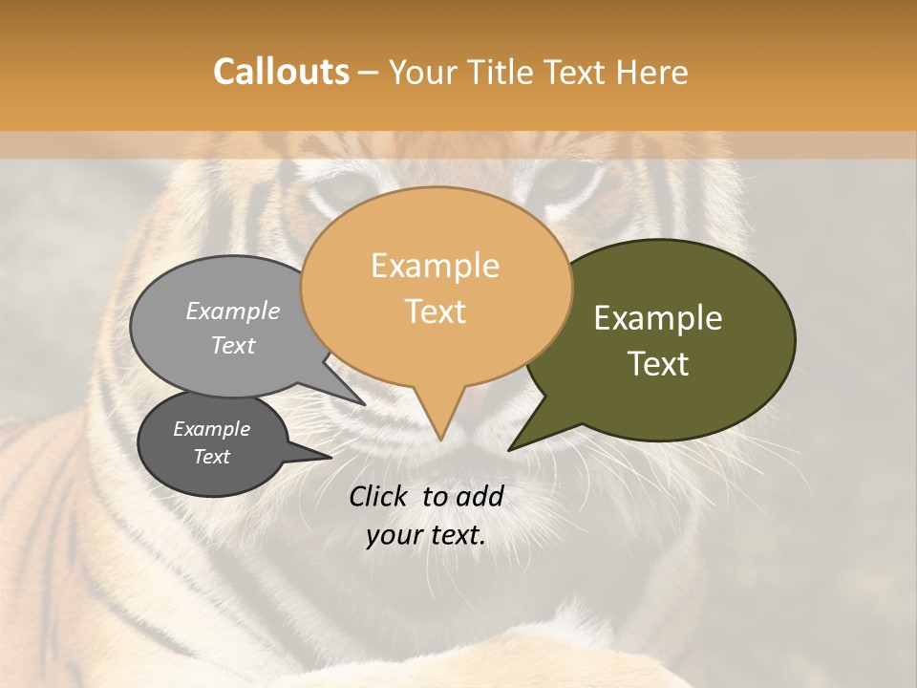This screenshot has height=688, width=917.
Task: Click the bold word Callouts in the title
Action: point(281,72)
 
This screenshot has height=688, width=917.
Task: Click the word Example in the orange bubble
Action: point(435,266)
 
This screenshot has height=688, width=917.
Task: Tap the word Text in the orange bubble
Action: point(436,312)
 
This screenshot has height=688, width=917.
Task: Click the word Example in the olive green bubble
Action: point(658,318)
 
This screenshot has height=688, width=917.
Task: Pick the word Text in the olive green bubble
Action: point(659,364)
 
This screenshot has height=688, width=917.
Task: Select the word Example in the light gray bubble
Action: point(233,312)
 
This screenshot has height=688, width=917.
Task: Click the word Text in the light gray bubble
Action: point(233,345)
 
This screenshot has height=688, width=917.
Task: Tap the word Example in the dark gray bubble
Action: point(212,429)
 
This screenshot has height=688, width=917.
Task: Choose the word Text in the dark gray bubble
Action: point(212,457)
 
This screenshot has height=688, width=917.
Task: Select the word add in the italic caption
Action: point(479,496)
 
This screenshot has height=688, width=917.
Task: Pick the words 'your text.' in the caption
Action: point(426,535)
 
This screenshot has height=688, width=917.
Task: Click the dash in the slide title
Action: point(369,72)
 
